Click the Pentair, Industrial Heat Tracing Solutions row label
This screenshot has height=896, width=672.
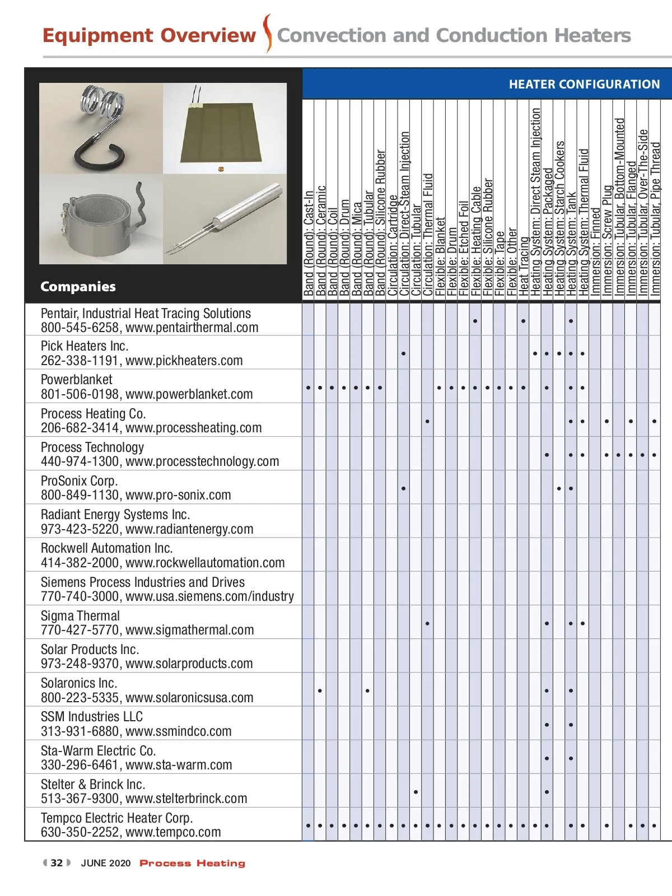coord(146,314)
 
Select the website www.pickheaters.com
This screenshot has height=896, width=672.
coord(184,361)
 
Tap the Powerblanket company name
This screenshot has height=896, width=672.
coord(77,380)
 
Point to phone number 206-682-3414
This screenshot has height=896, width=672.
coord(80,428)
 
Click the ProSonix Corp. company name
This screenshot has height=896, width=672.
coord(80,481)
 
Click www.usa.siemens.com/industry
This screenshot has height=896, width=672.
coord(209,596)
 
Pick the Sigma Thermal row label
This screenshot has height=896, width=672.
coord(80,616)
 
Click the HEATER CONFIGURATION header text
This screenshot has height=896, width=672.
coord(584,85)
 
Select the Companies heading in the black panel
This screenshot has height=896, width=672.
coord(78,287)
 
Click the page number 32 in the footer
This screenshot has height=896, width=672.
coord(57,863)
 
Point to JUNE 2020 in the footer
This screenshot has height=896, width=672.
coord(106,863)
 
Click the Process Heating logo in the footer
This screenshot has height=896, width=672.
coord(192,863)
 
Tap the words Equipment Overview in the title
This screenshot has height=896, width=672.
coord(149,35)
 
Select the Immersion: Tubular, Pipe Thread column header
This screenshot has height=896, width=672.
coord(655,218)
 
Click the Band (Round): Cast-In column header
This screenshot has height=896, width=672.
coord(308,244)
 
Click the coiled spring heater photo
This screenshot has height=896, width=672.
coord(101,128)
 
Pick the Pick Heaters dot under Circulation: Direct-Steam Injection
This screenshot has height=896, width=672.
coord(403,354)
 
